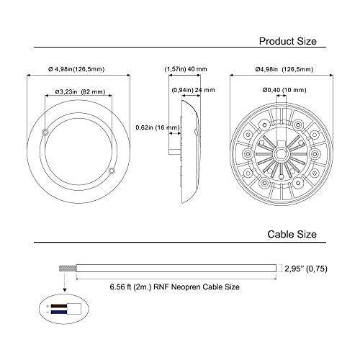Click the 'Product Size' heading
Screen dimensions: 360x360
coord(288,41)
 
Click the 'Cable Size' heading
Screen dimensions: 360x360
coord(292,234)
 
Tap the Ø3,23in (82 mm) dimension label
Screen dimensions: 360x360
coord(80,91)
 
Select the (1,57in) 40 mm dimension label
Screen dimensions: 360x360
coord(186,69)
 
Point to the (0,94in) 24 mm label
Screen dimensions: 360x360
coord(193,90)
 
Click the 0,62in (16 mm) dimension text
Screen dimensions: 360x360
coord(158,127)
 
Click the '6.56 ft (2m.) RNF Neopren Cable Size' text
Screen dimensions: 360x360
coord(175,287)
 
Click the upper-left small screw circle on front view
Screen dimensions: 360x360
coord(45,132)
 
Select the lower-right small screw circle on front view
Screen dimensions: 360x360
coord(112,171)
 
